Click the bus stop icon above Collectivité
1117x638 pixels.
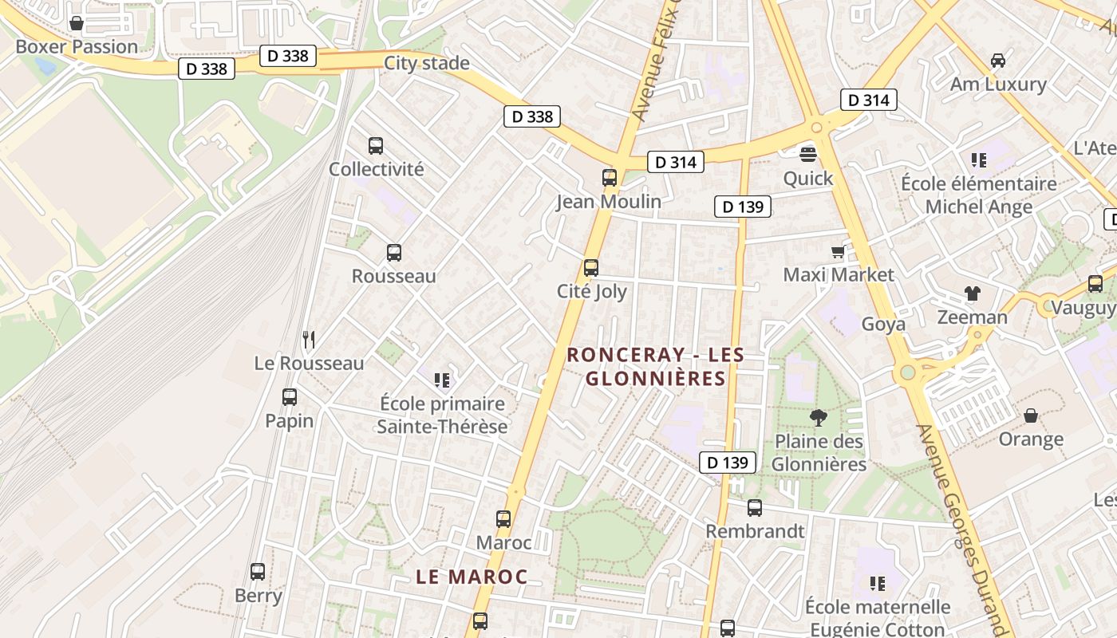376,146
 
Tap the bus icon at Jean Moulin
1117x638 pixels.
610,178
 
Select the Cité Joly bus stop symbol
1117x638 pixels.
591,268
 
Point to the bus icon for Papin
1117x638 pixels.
290,397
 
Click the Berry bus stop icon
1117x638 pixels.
258,572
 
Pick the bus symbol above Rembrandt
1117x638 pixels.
755,508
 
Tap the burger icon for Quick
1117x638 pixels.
808,155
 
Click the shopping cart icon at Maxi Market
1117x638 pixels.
838,252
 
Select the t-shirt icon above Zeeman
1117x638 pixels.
972,293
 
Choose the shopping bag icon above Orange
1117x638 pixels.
1031,415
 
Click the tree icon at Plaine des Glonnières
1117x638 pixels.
818,417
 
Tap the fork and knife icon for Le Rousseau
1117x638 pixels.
309,340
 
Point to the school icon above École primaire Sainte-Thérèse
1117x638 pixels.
442,380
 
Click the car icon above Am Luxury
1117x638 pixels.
997,61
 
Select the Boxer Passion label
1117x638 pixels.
77,47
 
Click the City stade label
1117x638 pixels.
427,63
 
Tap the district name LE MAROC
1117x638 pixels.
472,577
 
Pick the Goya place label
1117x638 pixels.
883,325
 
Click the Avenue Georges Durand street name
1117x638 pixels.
966,526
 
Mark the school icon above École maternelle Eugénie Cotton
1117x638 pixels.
878,584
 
